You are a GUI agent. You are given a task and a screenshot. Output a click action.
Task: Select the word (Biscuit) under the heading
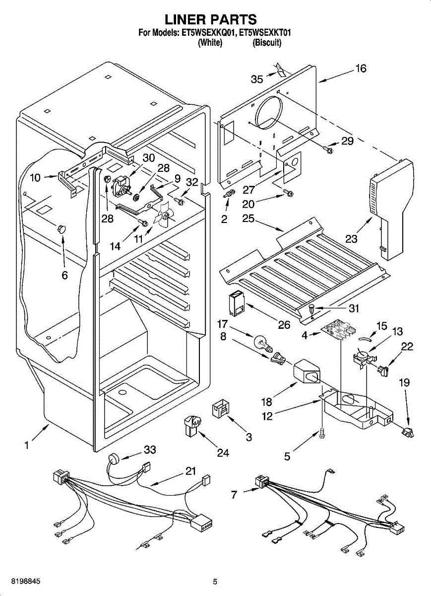267,43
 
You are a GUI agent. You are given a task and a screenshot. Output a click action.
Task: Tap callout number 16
361,69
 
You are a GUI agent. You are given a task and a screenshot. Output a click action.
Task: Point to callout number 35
257,79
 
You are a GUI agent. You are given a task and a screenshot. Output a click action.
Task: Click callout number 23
351,239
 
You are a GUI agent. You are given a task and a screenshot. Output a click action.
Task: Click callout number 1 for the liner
26,446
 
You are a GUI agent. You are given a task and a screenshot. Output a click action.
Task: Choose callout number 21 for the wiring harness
190,471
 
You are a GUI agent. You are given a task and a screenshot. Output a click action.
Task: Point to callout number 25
249,218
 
